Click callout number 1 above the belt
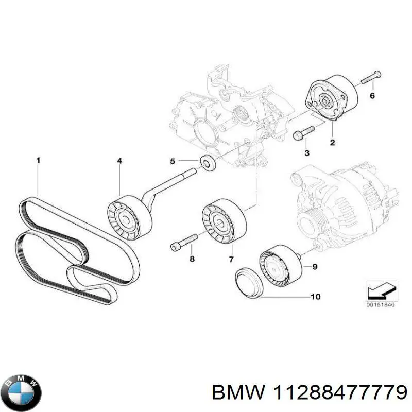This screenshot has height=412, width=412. tap(38, 161)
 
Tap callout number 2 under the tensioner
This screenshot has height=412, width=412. tap(332, 142)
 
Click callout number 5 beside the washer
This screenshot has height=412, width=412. tap(173, 161)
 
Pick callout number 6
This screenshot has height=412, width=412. tap(372, 96)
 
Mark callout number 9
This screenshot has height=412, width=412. tap(315, 266)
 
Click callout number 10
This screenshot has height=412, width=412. tap(315, 297)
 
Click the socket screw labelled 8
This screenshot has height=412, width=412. tap(184, 242)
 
